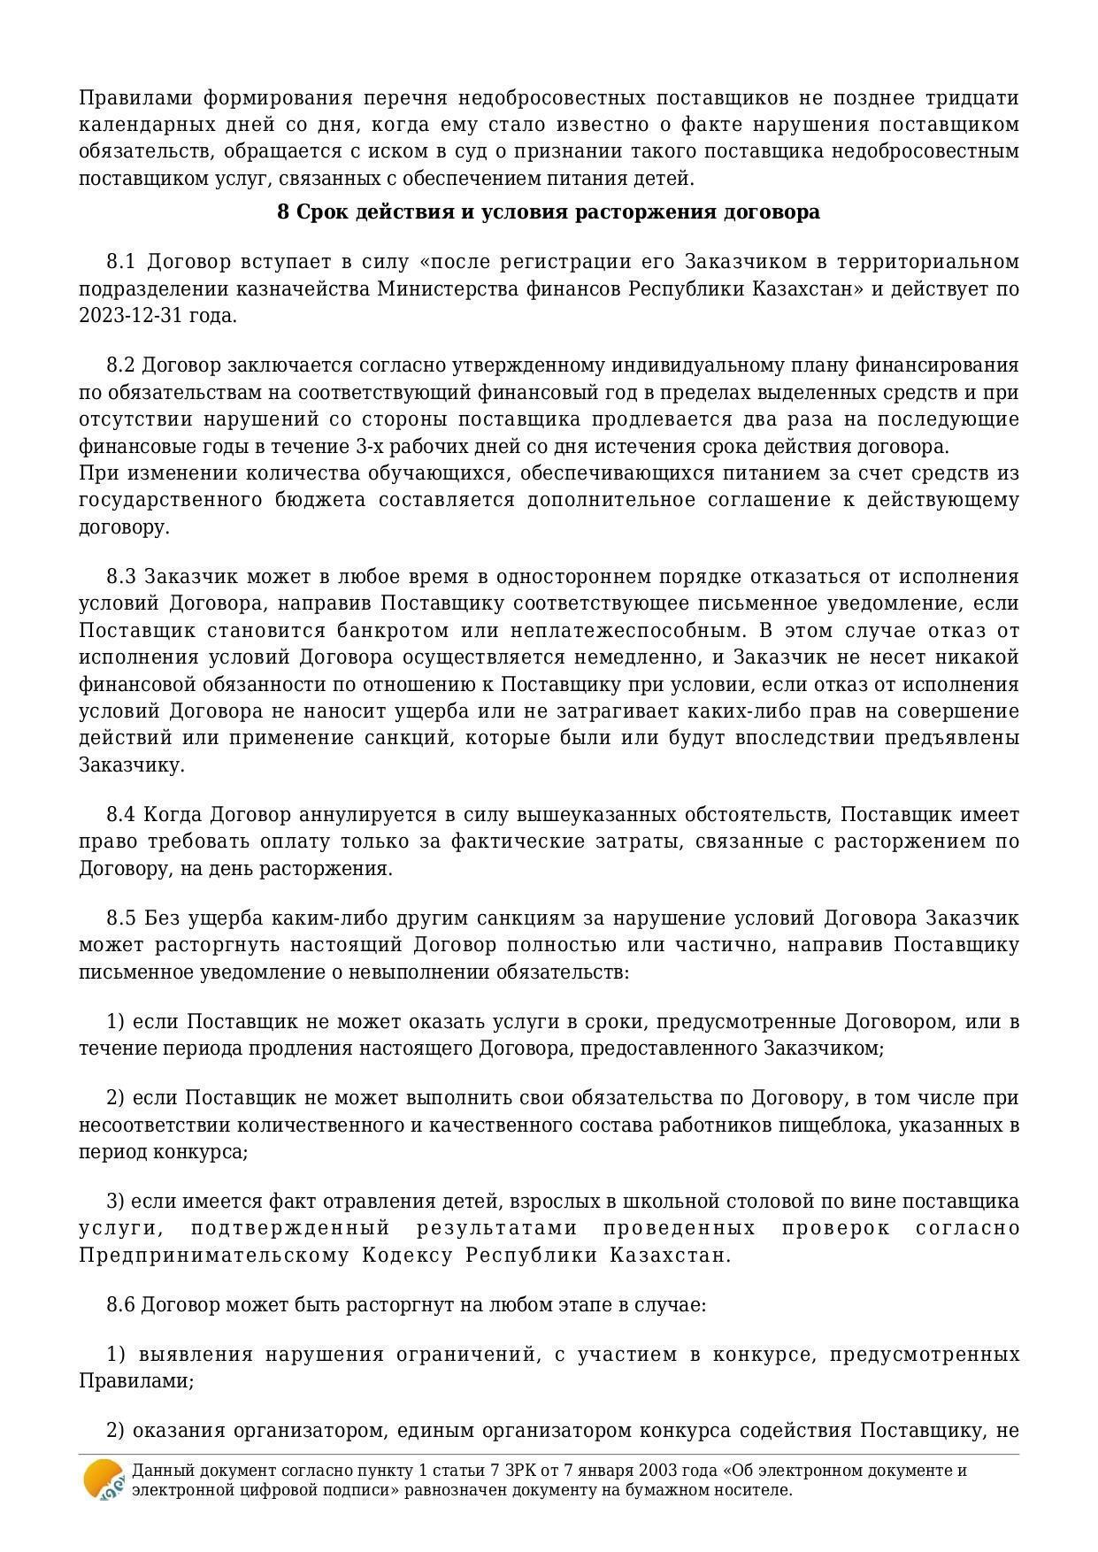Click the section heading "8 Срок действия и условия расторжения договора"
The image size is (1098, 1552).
pyautogui.click(x=548, y=212)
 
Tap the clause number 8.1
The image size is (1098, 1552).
pyautogui.click(x=120, y=262)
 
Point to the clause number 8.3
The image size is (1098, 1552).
pyautogui.click(x=120, y=577)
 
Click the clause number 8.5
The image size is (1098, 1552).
pyautogui.click(x=120, y=918)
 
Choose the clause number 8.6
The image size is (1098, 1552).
pyautogui.click(x=120, y=1305)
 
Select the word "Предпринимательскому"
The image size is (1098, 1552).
pyautogui.click(x=212, y=1256)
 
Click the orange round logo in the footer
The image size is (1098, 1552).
pyautogui.click(x=103, y=1479)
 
